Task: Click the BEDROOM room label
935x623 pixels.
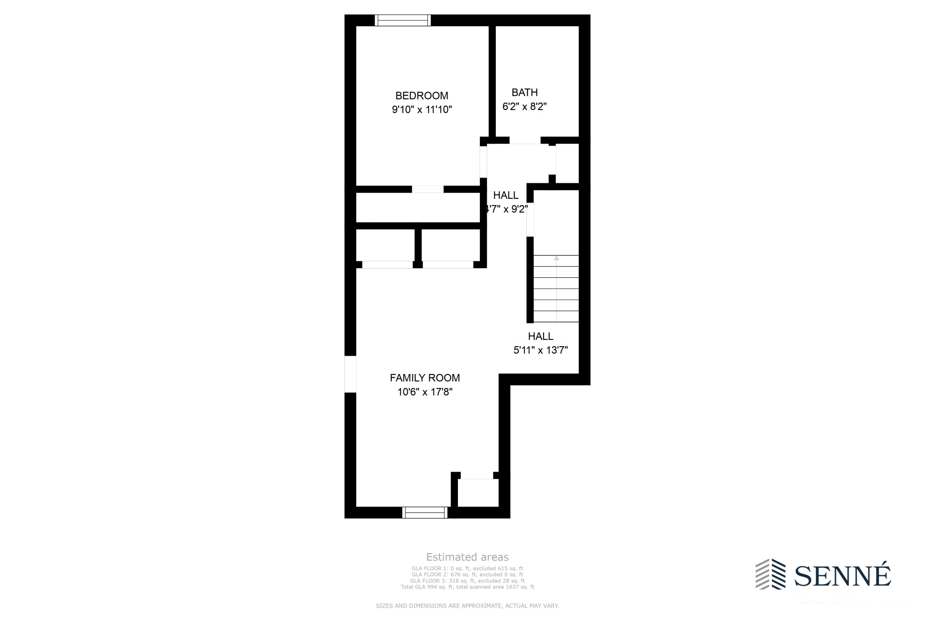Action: [x=421, y=96]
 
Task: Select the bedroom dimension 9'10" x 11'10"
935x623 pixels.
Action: [x=421, y=109]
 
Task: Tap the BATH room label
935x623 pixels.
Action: [x=525, y=93]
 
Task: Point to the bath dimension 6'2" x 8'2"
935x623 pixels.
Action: [x=525, y=107]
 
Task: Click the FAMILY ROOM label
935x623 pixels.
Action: [x=425, y=378]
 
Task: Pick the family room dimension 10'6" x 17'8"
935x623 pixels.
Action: [x=425, y=392]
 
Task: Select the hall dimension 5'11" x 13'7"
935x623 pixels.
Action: [x=541, y=350]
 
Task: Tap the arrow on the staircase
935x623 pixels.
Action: [x=556, y=259]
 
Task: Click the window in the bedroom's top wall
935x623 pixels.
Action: [x=403, y=21]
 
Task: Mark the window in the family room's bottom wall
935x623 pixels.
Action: [x=425, y=513]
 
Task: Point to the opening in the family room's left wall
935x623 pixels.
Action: [x=350, y=374]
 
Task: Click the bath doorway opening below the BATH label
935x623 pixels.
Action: [x=525, y=140]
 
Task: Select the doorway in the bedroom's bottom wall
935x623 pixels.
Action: [x=427, y=189]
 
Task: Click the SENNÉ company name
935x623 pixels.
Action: [x=842, y=576]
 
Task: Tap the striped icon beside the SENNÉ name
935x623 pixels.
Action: [x=770, y=574]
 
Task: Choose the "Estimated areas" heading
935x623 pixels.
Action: [x=467, y=557]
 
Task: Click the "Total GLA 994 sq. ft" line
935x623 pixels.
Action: [x=467, y=587]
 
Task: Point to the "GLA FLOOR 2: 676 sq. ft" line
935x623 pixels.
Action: [x=467, y=575]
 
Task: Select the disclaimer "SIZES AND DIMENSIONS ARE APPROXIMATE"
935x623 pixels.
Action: [x=467, y=606]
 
